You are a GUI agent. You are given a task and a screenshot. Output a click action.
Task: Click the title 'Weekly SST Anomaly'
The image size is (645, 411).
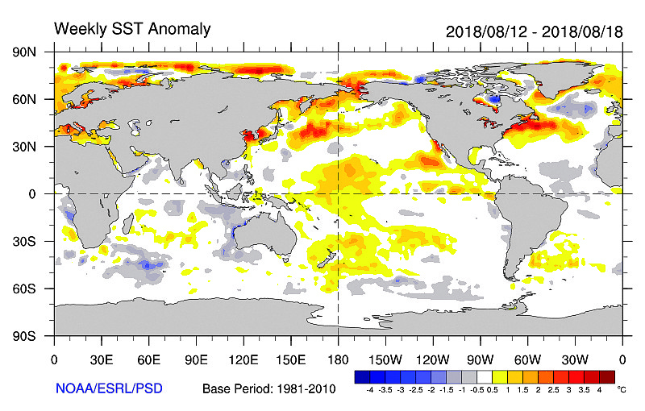[132, 30]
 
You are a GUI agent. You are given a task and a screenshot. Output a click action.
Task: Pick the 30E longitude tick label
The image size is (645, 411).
[102, 359]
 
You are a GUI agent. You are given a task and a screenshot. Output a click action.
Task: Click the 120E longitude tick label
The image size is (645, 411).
[243, 359]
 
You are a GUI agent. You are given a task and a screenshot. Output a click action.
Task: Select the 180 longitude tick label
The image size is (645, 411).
[338, 359]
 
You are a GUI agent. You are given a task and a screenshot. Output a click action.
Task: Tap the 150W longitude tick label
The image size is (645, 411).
[385, 359]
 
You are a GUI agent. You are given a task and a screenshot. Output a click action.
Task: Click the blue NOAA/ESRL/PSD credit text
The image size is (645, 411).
[109, 388]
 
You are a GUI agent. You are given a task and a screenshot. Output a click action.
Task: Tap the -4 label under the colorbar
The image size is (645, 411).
[369, 389]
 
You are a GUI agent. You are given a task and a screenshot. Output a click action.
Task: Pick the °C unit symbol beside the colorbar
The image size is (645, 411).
[621, 388]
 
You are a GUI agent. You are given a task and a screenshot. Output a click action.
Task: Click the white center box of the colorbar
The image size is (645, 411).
[485, 376]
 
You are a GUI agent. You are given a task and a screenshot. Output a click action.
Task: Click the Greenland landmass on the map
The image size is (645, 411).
[564, 77]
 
